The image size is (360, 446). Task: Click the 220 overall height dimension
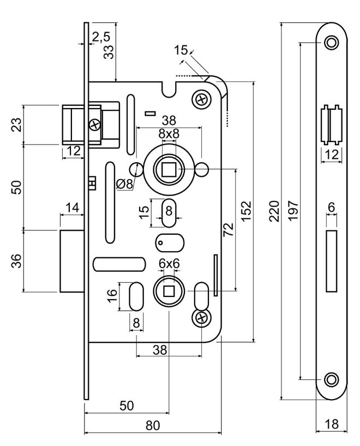pyautogui.click(x=275, y=211)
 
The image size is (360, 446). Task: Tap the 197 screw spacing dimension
pyautogui.click(x=293, y=211)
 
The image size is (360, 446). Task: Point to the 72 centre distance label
pyautogui.click(x=228, y=229)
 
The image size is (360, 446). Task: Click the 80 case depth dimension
pyautogui.click(x=153, y=425)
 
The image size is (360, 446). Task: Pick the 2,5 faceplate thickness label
pyautogui.click(x=100, y=37)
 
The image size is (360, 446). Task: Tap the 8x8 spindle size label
pyautogui.click(x=169, y=134)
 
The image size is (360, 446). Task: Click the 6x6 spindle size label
pyautogui.click(x=169, y=264)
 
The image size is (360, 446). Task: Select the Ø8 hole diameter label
pyautogui.click(x=124, y=184)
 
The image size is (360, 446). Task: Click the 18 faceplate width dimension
pyautogui.click(x=331, y=424)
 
